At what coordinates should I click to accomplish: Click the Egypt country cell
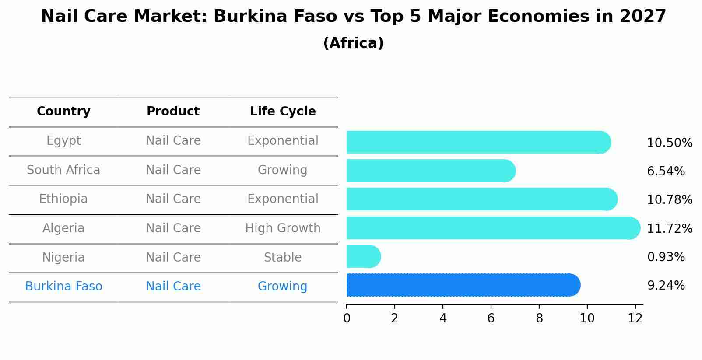coord(63,141)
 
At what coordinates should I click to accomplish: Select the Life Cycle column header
coord(283,112)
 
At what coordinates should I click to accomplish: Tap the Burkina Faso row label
coord(63,287)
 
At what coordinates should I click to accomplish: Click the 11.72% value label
coord(670,229)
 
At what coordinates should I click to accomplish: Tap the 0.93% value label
coord(666,257)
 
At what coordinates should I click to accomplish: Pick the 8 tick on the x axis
coord(539,318)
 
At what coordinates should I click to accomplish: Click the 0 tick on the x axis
coord(347,318)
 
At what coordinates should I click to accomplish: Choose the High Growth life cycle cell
coord(283,228)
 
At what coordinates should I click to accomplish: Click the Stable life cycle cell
coord(283,258)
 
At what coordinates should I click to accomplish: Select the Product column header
coord(173,112)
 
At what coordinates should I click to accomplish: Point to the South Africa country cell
coord(63,170)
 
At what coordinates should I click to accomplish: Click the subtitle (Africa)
coord(353,43)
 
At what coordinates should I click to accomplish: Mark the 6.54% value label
coord(666,171)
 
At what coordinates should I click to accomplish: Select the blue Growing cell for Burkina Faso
coord(283,287)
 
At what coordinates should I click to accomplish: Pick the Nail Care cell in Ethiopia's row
coord(173,199)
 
